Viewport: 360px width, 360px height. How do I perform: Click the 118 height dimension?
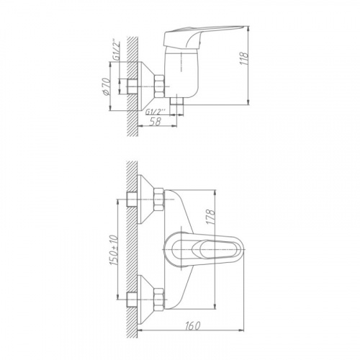[x=244, y=58]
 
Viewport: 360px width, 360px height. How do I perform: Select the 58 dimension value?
[x=156, y=121]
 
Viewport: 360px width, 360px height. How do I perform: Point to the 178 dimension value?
[x=211, y=217]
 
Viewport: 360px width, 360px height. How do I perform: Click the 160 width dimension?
[x=193, y=325]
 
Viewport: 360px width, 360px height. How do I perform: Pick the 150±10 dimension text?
[x=114, y=250]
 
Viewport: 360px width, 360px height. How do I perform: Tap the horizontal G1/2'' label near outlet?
[x=156, y=111]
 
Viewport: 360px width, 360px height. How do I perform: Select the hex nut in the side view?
[x=159, y=86]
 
